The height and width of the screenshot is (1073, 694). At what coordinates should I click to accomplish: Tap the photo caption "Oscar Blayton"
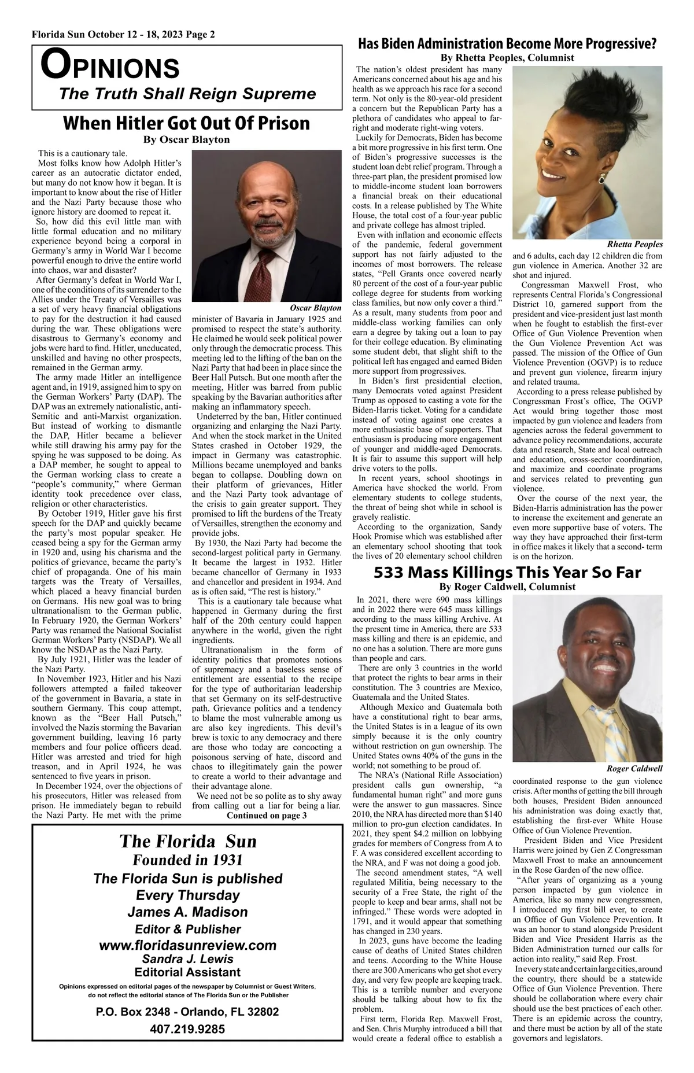point(315,307)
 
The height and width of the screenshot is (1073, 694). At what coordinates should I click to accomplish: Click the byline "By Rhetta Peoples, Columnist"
point(507,58)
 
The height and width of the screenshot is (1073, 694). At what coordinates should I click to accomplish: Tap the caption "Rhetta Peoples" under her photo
point(635,244)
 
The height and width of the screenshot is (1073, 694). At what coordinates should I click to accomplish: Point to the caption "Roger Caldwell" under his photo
point(634,768)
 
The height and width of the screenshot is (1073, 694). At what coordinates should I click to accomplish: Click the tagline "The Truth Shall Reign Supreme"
point(187,94)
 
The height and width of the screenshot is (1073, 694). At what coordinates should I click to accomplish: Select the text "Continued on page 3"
point(267,816)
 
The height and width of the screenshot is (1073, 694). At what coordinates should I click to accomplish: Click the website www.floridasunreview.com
point(188,945)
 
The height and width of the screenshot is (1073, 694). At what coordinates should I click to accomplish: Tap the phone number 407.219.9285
point(187,1029)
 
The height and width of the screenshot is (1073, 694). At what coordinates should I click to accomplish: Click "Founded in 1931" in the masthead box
point(187,860)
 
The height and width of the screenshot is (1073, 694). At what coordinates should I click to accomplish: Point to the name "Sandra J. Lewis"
point(187,958)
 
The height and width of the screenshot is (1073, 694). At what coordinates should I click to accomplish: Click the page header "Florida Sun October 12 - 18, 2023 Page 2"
point(123,35)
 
